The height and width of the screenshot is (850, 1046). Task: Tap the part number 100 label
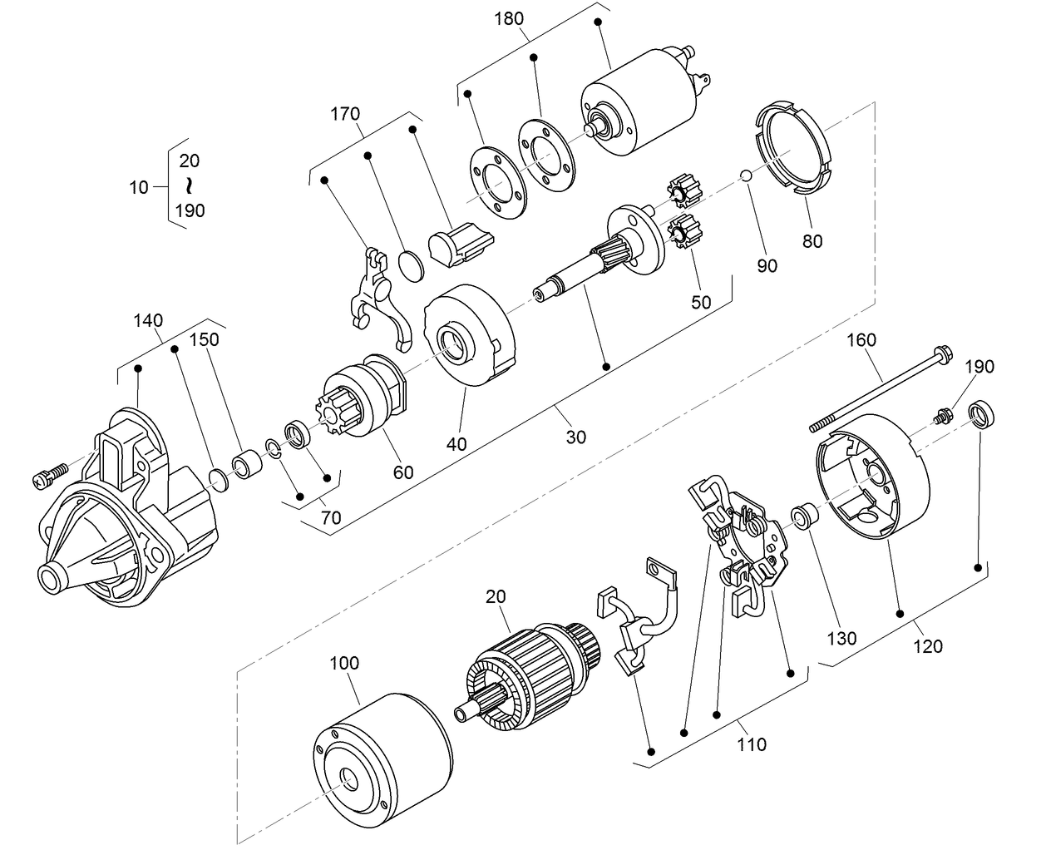tap(344, 663)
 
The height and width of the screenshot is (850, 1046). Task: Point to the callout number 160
tap(862, 340)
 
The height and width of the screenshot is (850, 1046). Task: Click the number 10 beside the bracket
tap(139, 187)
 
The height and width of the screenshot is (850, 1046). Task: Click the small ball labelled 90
tap(747, 176)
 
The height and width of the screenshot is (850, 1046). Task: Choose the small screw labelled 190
tap(944, 414)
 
